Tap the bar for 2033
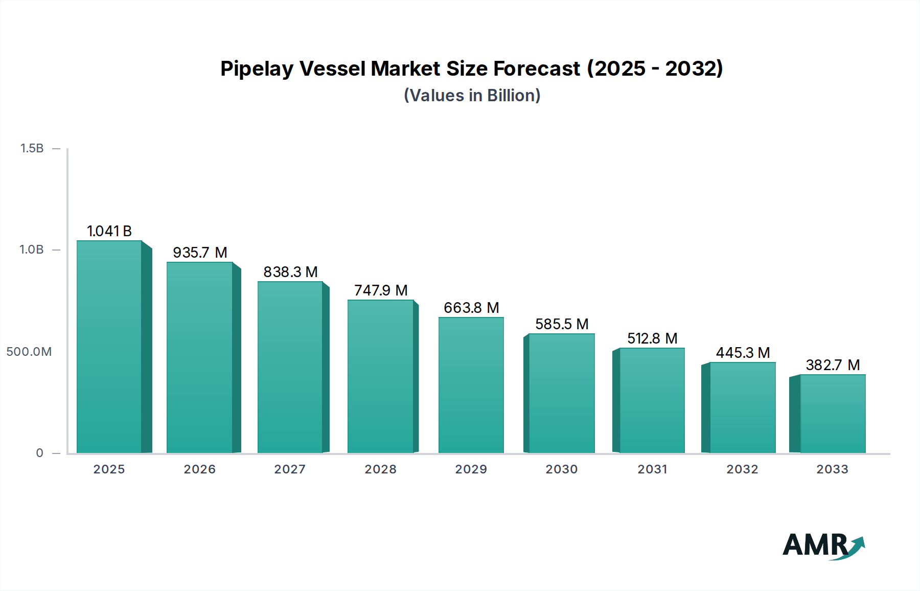(x=833, y=414)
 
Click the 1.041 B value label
(x=109, y=231)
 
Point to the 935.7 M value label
(x=200, y=253)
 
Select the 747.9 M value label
(x=381, y=290)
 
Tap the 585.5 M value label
(x=562, y=324)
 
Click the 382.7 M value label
(x=833, y=365)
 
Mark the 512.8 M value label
(x=652, y=338)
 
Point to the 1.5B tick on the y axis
(x=32, y=148)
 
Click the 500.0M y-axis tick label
(x=29, y=352)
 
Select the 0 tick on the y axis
(x=40, y=453)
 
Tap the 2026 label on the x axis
(x=200, y=469)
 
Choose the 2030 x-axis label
(x=562, y=469)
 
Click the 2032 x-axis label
(x=743, y=469)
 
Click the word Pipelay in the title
(x=257, y=69)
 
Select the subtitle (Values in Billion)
(x=472, y=96)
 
